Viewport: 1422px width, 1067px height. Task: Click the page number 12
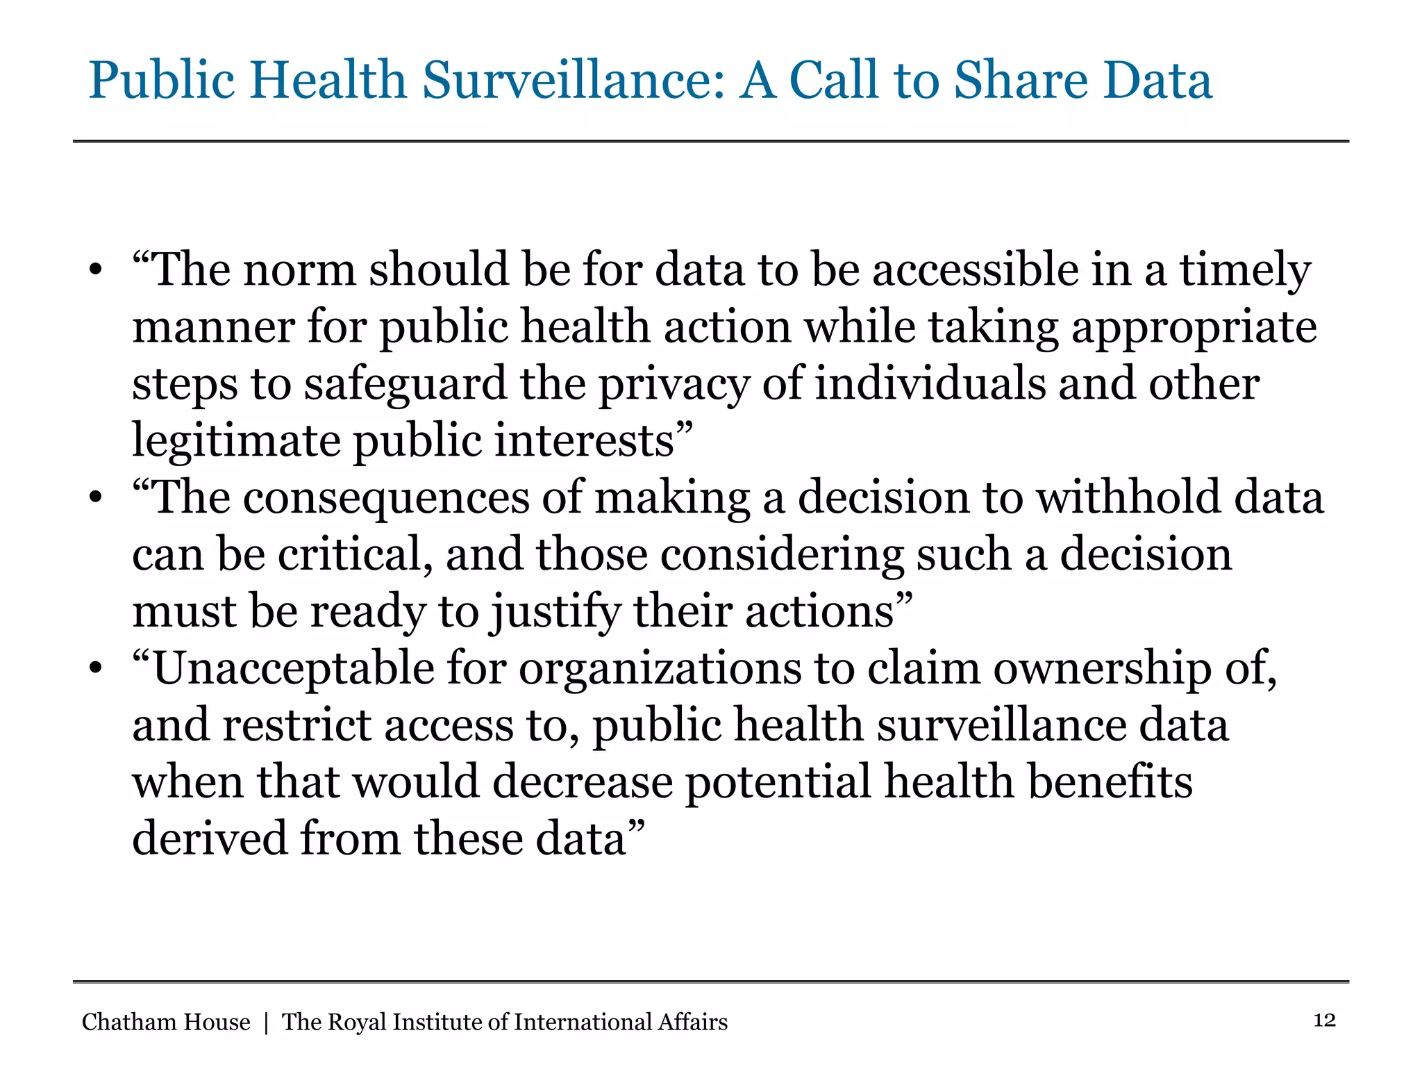[x=1324, y=1020]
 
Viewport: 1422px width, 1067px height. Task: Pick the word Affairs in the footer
[x=692, y=1022]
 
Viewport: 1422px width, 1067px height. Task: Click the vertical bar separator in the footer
[x=266, y=1023]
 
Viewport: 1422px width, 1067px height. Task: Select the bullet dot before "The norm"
[x=96, y=271]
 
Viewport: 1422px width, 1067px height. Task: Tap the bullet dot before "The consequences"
[x=96, y=499]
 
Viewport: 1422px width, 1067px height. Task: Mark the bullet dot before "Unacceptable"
[x=96, y=670]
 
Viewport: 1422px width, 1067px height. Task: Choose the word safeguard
[x=405, y=385]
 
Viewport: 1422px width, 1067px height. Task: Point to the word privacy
[x=674, y=385]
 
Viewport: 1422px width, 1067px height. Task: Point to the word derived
[x=209, y=839]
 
